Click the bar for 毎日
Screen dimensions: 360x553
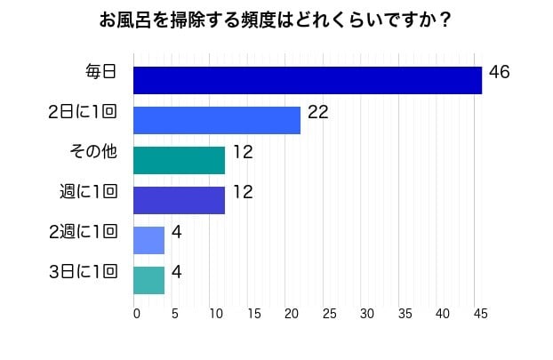tap(307, 80)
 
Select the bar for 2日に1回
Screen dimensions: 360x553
tap(216, 120)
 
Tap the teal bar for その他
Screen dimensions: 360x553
tap(179, 160)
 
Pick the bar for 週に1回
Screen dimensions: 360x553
tap(179, 200)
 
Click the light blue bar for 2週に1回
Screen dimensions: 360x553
tap(148, 240)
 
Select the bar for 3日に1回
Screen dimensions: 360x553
tap(148, 280)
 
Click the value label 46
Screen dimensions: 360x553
tap(499, 72)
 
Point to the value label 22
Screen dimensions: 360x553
tap(317, 112)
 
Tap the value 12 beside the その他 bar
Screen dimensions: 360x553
tap(243, 152)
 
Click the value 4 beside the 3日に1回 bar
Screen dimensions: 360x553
tap(176, 271)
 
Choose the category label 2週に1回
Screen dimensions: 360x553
tap(84, 232)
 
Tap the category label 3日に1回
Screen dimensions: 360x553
tap(84, 272)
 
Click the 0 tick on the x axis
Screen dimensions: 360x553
tap(136, 313)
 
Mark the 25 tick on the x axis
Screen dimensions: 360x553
tap(329, 313)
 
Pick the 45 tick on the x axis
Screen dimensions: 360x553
tap(481, 313)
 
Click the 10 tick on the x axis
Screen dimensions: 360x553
tap(214, 313)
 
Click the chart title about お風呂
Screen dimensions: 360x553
tap(276, 20)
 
